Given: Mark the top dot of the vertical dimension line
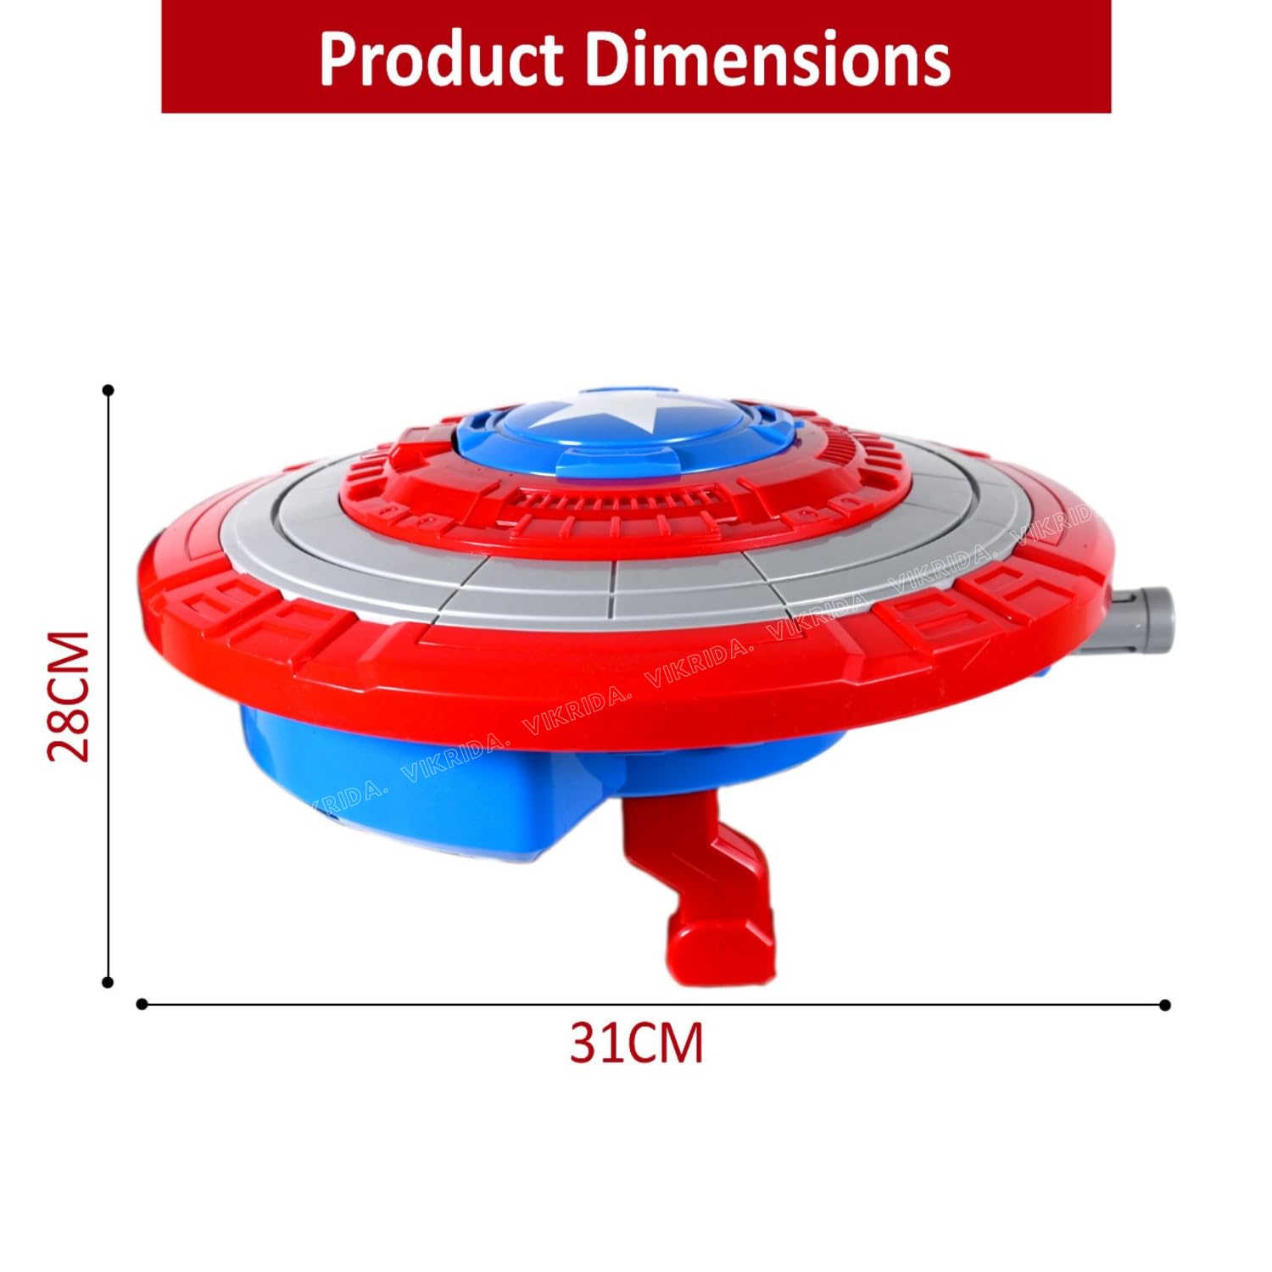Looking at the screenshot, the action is (x=108, y=390).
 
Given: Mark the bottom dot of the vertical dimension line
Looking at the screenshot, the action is (x=108, y=982).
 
